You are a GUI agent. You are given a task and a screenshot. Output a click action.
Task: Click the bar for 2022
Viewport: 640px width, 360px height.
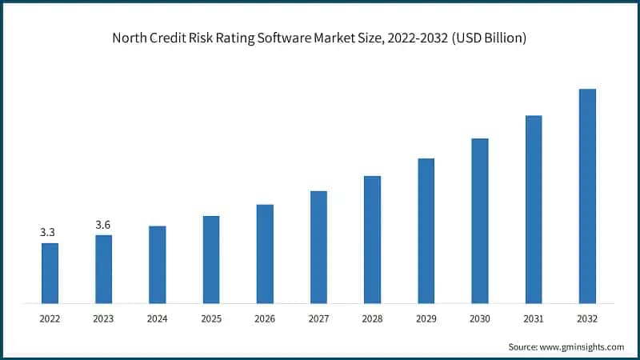point(50,273)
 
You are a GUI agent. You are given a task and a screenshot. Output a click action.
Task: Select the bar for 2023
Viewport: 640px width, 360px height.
point(103,269)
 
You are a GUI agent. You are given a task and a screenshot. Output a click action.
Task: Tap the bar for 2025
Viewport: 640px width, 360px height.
point(211,259)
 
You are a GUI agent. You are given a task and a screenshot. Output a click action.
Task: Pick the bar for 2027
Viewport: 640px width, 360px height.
point(318,247)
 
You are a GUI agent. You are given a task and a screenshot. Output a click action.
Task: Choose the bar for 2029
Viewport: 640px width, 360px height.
point(426,230)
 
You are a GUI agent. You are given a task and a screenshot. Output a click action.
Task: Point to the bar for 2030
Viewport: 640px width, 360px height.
point(479,221)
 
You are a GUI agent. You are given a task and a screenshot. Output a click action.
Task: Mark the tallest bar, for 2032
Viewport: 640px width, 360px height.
point(587,196)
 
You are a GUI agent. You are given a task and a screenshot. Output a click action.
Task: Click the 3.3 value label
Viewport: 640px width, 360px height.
point(49,232)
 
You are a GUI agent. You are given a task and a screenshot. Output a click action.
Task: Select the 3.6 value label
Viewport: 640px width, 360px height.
point(103,225)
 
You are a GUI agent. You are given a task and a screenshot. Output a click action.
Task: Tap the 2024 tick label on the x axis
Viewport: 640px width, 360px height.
point(157,318)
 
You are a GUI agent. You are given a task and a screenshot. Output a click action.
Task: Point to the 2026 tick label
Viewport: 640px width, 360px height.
point(265,318)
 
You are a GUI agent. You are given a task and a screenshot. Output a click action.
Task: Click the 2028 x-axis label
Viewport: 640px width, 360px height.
point(372,318)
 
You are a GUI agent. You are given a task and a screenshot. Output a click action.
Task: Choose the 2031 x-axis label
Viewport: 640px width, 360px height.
point(534,318)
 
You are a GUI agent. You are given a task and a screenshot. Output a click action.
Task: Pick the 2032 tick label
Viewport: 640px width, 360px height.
point(587,318)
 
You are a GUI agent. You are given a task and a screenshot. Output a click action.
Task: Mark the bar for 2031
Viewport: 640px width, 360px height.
point(534,210)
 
